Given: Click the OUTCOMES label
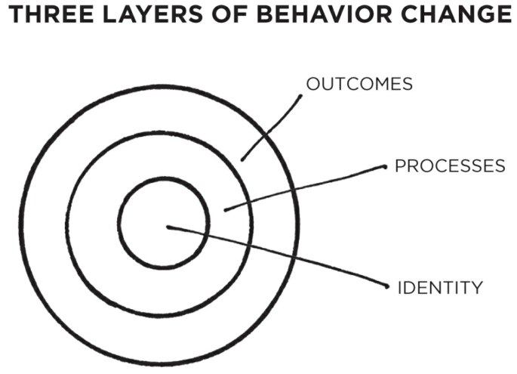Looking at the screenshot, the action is pos(359,84).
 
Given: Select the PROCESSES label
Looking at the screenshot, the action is pos(450,166).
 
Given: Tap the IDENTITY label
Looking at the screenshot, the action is pos(439,287).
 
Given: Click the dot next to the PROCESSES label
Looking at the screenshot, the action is pos(386,167).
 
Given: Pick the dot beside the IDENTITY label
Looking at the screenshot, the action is pos(386,287).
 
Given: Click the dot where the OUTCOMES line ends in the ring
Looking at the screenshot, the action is pos(242,159).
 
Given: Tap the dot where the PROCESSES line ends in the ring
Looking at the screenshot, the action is pos(225,209).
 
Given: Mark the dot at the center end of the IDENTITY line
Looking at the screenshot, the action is pos(168,227).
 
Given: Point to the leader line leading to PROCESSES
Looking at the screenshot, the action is pos(302,189).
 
